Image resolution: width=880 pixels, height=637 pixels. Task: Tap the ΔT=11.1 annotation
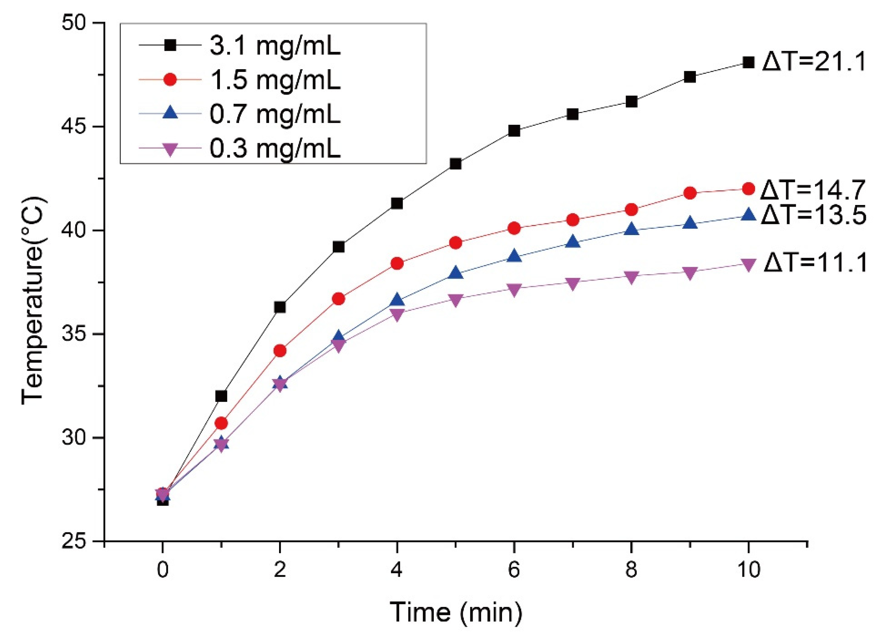(x=815, y=263)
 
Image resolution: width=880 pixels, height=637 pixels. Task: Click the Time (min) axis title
(x=456, y=612)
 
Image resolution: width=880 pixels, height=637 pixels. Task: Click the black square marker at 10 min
(x=748, y=62)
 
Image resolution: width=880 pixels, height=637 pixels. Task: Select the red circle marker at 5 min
(x=456, y=243)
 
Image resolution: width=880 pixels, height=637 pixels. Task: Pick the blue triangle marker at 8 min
(x=631, y=229)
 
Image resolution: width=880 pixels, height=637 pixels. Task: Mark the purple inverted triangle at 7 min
(x=573, y=283)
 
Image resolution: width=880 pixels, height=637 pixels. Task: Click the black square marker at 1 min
(x=221, y=396)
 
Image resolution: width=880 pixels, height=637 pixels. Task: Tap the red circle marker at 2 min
(x=280, y=351)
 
